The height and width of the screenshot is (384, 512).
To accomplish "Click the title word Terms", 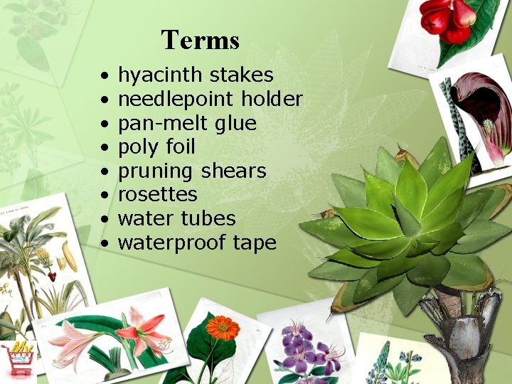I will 200,40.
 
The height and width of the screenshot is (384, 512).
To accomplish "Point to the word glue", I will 235,123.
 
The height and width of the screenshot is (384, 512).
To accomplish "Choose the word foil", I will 181,147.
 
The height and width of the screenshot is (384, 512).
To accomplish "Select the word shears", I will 233,171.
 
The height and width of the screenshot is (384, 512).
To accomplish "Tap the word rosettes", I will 157,195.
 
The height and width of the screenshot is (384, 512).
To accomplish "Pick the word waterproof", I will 171,243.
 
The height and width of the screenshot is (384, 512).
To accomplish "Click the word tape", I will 255,243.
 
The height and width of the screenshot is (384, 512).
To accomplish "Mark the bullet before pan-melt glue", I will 104,124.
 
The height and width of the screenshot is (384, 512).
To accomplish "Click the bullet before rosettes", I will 104,196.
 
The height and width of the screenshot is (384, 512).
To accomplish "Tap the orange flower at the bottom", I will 222,329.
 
